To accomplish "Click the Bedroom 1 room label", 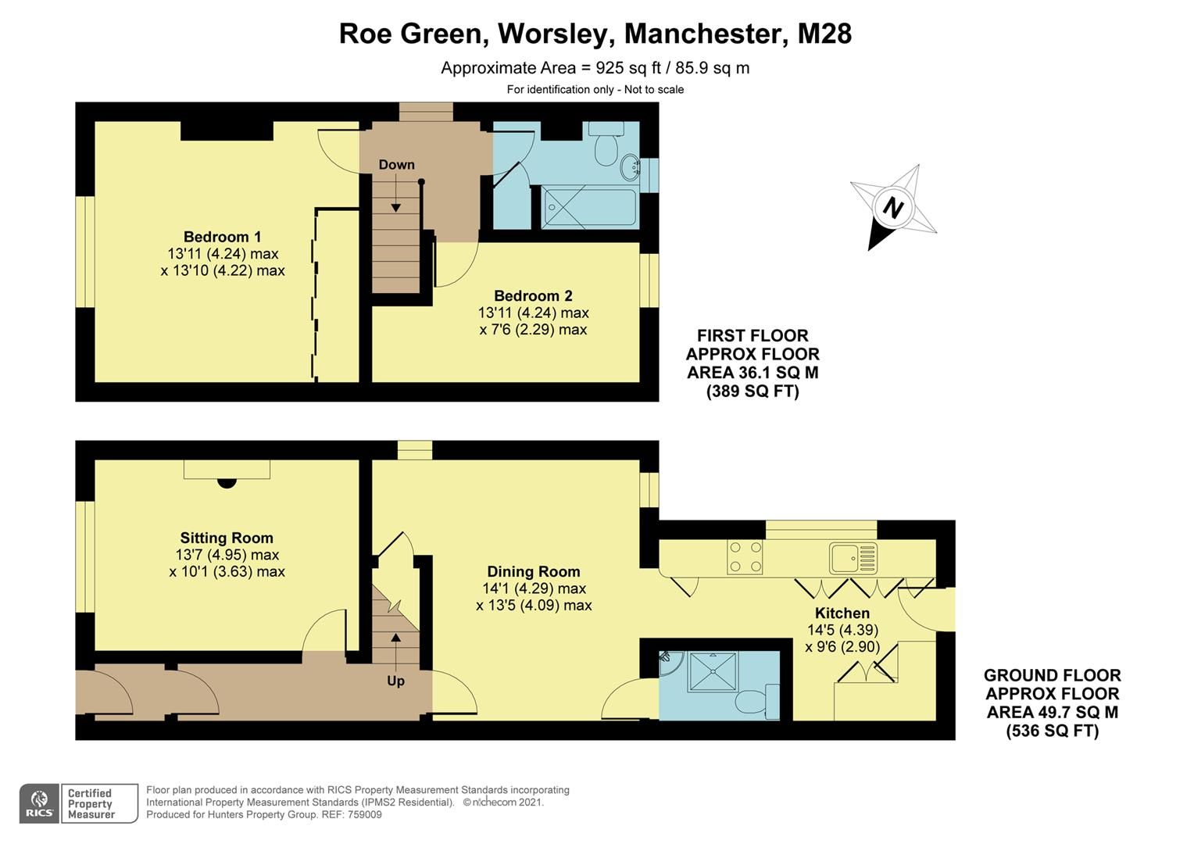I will (x=222, y=237).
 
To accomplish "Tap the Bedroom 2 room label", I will (x=533, y=296).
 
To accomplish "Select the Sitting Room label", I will (x=227, y=538).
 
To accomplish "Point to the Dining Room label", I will (x=534, y=572).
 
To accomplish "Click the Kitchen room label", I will (x=842, y=613).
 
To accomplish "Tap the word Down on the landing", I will (x=396, y=165).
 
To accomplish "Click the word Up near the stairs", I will (x=396, y=681).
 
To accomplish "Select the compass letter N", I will (x=892, y=208).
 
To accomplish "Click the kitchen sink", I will (x=845, y=558).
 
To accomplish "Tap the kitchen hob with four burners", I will (x=745, y=557).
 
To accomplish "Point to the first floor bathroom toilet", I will (x=606, y=148).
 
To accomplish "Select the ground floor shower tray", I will (x=711, y=671).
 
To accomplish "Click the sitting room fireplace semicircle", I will (x=227, y=482).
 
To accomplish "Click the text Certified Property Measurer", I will (x=91, y=803).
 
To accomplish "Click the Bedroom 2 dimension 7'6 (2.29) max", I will (x=533, y=330).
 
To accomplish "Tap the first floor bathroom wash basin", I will (x=630, y=166).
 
